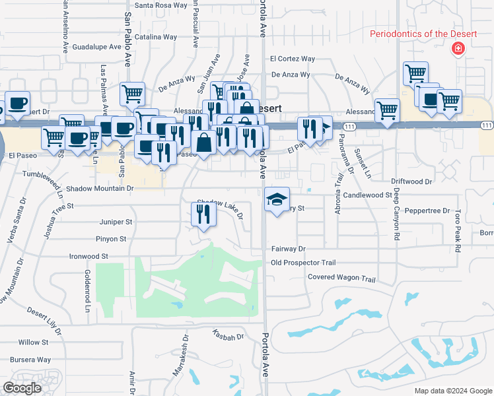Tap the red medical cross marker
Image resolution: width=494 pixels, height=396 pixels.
coord(456,49)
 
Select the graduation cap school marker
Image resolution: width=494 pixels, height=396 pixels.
coord(277,198)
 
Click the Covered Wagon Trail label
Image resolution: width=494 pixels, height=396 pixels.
coord(341,278)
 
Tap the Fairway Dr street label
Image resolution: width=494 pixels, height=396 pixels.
coord(289,249)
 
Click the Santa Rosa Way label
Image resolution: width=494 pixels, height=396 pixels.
coord(161,5)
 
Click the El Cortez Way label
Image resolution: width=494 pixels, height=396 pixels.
coord(293,58)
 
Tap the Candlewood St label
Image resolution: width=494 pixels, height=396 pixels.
coord(367,195)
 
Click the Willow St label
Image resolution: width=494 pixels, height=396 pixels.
coord(34,342)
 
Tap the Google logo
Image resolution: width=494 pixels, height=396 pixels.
coord(22,387)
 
